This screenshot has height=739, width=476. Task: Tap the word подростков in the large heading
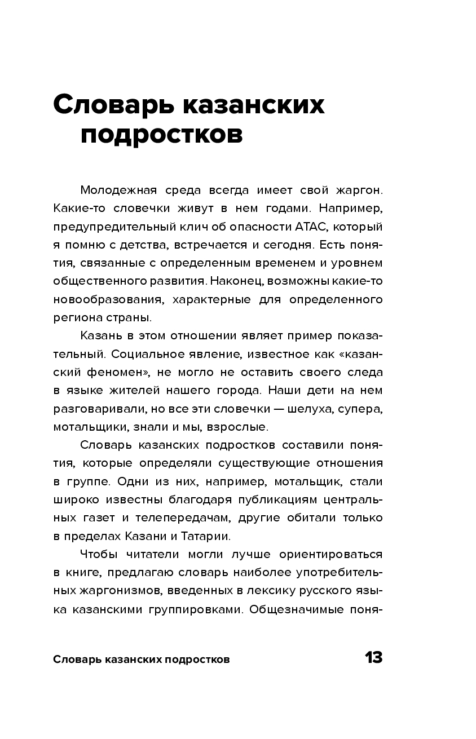(x=161, y=135)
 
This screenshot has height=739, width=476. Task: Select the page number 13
(x=373, y=658)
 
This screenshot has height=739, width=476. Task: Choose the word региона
(x=76, y=317)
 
